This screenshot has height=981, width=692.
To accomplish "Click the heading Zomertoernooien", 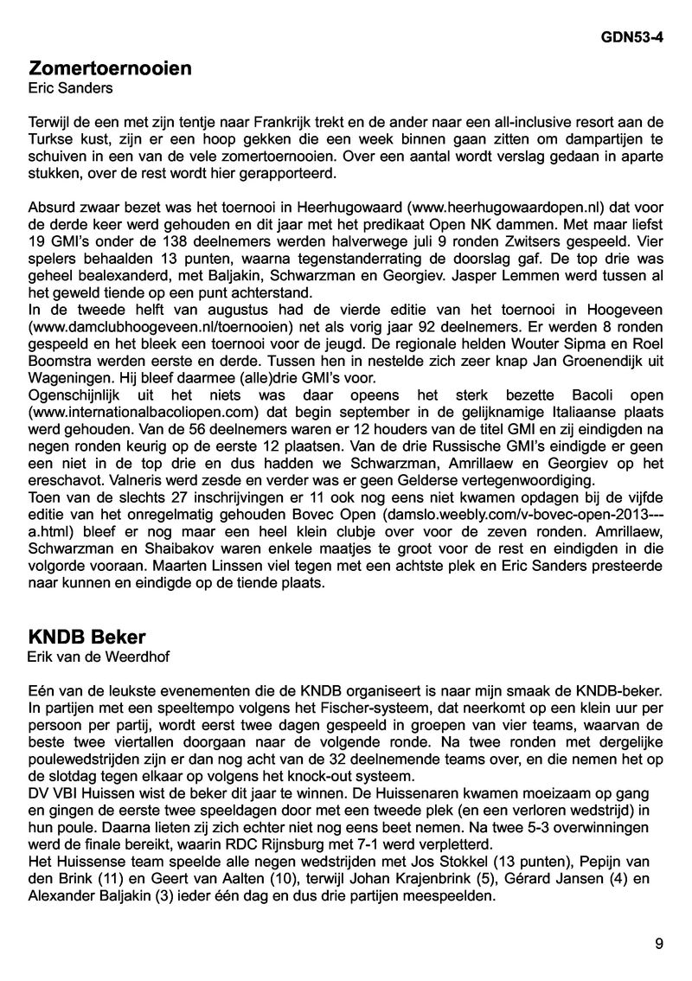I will [110, 68].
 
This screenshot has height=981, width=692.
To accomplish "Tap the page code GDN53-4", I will [631, 39].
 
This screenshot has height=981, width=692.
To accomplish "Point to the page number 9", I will [659, 944].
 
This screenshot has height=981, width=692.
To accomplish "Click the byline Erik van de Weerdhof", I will [99, 657].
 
